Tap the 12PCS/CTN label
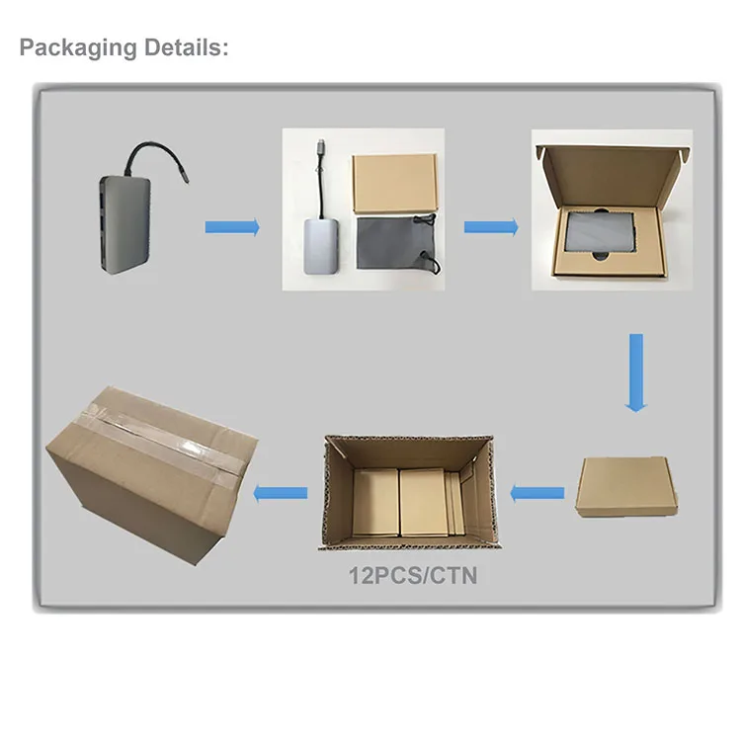[413, 574]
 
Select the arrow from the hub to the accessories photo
[232, 227]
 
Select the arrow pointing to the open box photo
[491, 227]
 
